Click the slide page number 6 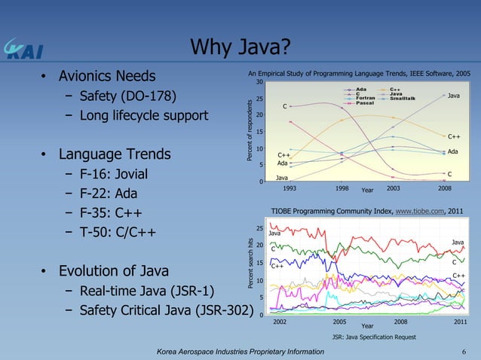click(463, 352)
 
